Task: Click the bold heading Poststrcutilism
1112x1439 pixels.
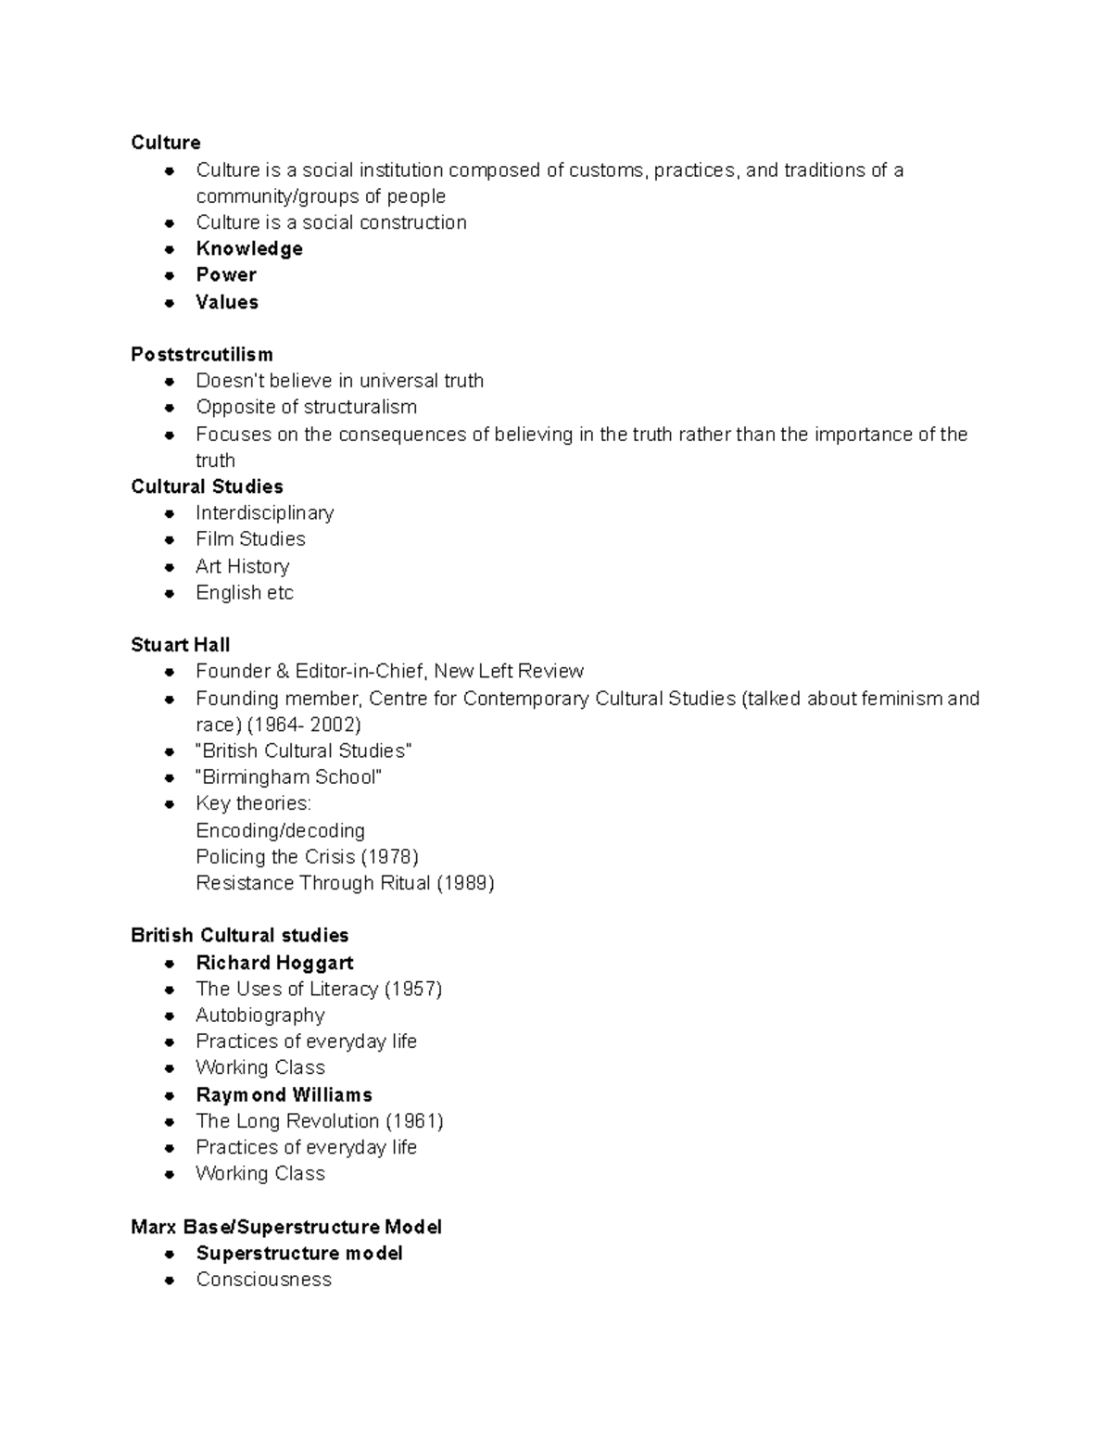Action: tap(202, 354)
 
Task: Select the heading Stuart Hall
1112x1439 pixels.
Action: tap(181, 645)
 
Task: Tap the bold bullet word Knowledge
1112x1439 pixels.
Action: tap(249, 248)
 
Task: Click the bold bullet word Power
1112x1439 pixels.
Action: tap(226, 274)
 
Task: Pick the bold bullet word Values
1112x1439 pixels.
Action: tap(227, 302)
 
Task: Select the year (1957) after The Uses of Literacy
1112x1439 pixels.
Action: tap(413, 989)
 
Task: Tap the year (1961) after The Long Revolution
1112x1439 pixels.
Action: tap(415, 1121)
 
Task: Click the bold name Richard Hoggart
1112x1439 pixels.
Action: tap(274, 963)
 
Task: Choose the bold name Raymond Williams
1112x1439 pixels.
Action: tap(284, 1094)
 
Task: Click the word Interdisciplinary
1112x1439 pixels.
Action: tap(264, 512)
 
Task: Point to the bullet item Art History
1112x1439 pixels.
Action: tap(242, 566)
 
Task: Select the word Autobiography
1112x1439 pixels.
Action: tap(260, 1016)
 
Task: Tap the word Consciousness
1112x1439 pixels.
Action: tap(263, 1280)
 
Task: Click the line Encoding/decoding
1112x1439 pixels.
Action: tap(280, 830)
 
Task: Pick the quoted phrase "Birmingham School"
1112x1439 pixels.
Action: tap(288, 776)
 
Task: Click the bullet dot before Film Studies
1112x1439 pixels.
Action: tap(169, 540)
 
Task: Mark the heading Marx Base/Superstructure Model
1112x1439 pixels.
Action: tap(286, 1227)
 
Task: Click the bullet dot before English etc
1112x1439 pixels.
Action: tap(169, 594)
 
